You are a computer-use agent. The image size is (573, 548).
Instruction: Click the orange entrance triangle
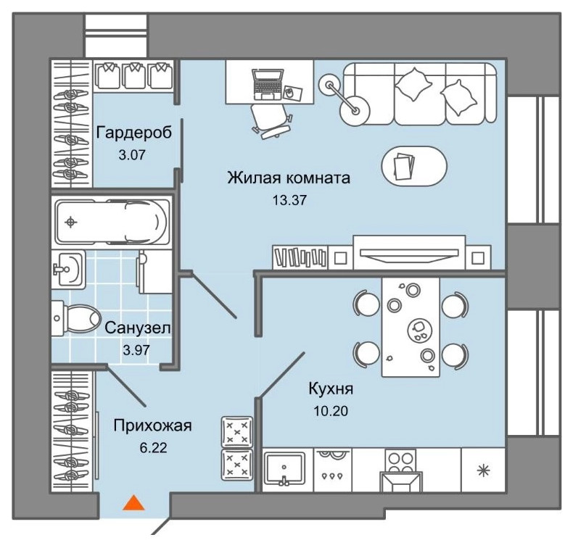pos(131,502)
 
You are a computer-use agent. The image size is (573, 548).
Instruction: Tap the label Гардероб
pos(134,133)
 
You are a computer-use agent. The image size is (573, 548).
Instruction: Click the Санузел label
pos(138,328)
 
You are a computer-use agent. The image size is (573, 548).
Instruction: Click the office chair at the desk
pos(271,119)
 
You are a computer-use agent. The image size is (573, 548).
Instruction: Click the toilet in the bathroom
pos(76,317)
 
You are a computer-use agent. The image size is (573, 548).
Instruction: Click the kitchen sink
pos(287,469)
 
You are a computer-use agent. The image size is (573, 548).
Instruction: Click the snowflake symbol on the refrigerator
pos(481,470)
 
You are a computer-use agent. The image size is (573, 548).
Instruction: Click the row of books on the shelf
pos(300,256)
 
